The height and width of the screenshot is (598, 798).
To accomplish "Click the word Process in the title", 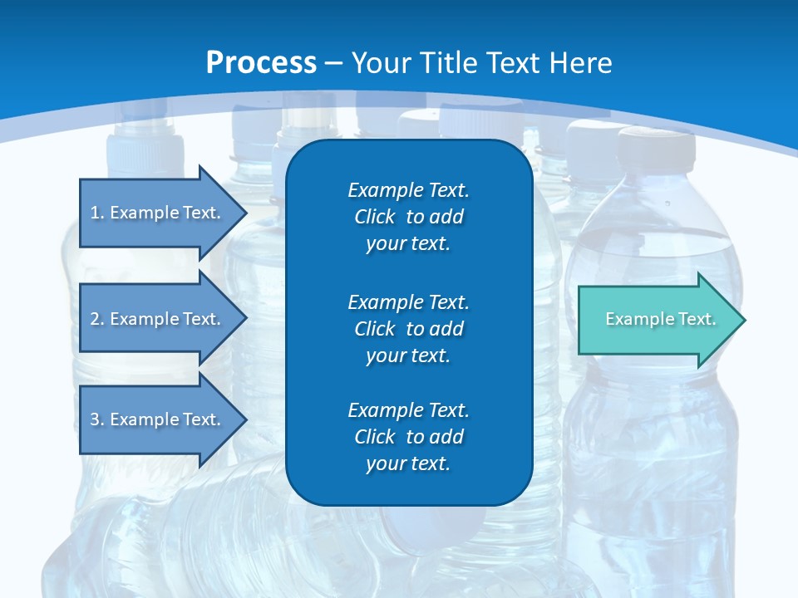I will click(x=261, y=63).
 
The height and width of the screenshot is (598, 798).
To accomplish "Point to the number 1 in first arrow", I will click(x=95, y=213).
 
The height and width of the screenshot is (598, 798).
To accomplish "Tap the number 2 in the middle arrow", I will click(x=95, y=319).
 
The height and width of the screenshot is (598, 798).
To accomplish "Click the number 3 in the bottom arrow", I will click(x=95, y=419).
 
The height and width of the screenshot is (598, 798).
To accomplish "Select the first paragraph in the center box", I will click(x=408, y=217).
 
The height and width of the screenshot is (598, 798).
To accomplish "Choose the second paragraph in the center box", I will click(x=408, y=329).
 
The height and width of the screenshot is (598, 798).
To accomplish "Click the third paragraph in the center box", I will click(x=408, y=437).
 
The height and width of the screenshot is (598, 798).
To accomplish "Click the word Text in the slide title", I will click(x=512, y=63).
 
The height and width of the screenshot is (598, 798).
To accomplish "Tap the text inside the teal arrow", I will click(x=660, y=319).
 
